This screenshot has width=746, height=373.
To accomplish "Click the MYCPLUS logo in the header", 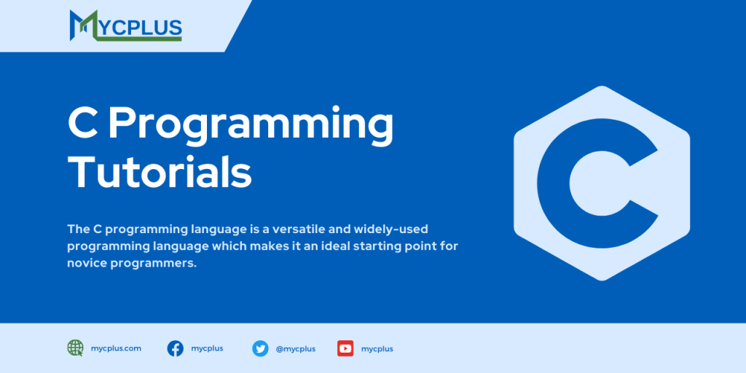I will [x=125, y=25].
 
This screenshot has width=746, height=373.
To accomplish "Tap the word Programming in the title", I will [x=251, y=125].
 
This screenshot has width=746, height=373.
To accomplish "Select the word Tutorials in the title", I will [x=160, y=173].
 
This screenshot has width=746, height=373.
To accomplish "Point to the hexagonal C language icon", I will [x=601, y=184].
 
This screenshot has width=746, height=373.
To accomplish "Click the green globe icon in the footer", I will [x=76, y=348].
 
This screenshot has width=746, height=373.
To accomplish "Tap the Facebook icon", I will [x=176, y=348].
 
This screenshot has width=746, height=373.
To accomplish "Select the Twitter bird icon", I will [x=260, y=348].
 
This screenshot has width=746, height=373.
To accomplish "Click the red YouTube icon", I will [x=345, y=348].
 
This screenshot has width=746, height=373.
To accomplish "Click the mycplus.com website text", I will [x=116, y=348].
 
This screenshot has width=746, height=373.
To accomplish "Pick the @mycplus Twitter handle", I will [x=295, y=349].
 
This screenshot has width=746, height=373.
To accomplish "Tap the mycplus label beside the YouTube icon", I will [x=377, y=349].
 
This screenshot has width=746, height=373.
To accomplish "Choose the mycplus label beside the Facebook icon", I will [x=207, y=348].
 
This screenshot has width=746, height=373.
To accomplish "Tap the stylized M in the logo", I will [x=83, y=25].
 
